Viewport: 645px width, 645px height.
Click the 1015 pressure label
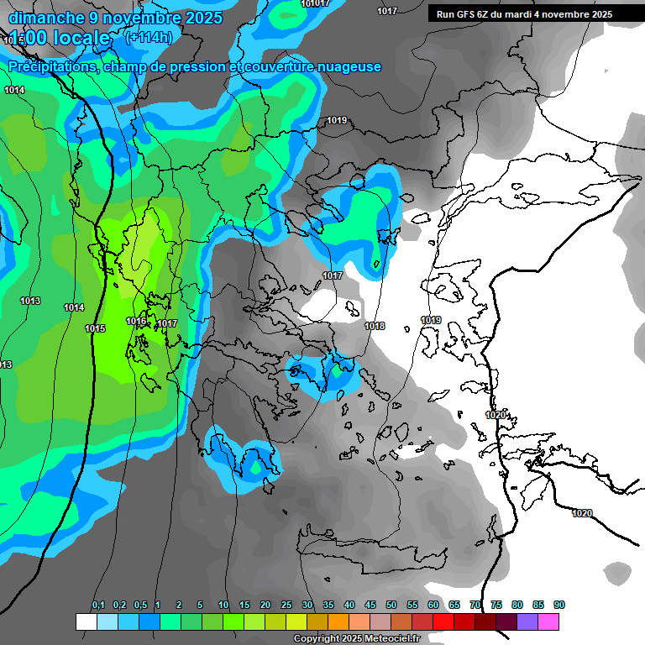(x=95, y=328)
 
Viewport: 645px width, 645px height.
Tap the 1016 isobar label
(x=136, y=321)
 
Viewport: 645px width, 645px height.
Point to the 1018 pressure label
(x=375, y=326)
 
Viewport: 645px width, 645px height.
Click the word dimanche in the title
(x=41, y=18)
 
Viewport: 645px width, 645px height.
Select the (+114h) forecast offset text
(x=149, y=37)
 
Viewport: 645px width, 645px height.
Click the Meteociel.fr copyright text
(x=356, y=638)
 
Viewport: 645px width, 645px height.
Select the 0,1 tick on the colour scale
(x=98, y=605)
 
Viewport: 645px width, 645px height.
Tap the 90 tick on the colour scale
(x=559, y=605)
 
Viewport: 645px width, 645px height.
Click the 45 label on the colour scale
(x=370, y=605)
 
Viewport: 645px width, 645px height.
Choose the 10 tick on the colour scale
(x=223, y=605)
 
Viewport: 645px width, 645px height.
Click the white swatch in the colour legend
(x=86, y=621)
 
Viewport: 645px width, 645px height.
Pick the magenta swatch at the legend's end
(x=548, y=621)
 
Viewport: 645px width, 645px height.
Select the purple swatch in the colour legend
(x=527, y=621)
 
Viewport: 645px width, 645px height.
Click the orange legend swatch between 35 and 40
(x=338, y=621)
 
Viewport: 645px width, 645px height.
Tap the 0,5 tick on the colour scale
(x=140, y=605)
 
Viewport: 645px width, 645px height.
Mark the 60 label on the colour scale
(x=433, y=605)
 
